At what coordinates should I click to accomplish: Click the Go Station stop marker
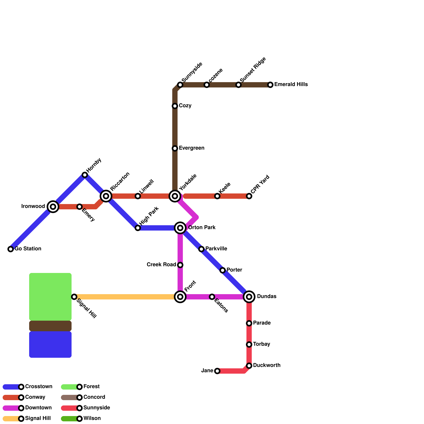coord(11,249)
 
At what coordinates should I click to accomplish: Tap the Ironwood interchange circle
coord(53,207)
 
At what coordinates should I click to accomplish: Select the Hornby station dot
coord(85,175)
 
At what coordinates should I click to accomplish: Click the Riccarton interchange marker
coord(106,196)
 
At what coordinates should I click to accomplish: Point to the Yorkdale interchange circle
coord(175,196)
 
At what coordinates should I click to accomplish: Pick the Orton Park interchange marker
coord(180,228)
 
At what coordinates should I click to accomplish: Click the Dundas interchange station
coord(249,297)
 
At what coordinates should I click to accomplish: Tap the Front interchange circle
coord(180,297)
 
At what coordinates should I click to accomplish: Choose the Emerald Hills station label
coord(291,85)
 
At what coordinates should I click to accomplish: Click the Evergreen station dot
coord(175,148)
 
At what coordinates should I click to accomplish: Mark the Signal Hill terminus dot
coord(74,297)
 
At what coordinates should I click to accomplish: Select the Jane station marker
coord(217,371)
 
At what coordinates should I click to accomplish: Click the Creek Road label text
coord(161,265)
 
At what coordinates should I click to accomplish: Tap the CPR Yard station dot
coord(249,196)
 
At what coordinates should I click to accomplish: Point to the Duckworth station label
coord(267,365)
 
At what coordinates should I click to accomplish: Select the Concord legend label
coord(94,397)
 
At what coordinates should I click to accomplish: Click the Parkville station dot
coord(201,249)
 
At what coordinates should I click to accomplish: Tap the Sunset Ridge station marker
coord(238,85)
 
